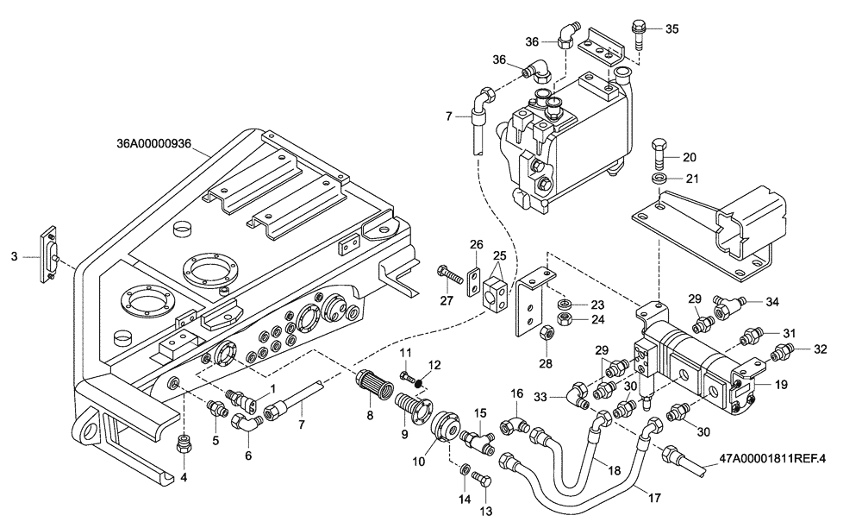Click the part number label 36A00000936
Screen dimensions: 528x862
pos(160,144)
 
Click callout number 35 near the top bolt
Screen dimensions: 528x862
pos(672,28)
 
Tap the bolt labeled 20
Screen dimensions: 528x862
pos(660,155)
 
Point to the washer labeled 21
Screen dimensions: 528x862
pos(660,179)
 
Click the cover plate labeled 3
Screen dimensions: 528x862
pos(50,256)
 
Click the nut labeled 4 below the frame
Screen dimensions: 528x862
pos(183,444)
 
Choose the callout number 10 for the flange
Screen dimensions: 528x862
pos(419,462)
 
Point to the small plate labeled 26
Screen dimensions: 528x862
pos(475,283)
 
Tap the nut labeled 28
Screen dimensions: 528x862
pos(546,332)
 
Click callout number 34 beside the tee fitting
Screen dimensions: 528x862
pos(771,301)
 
